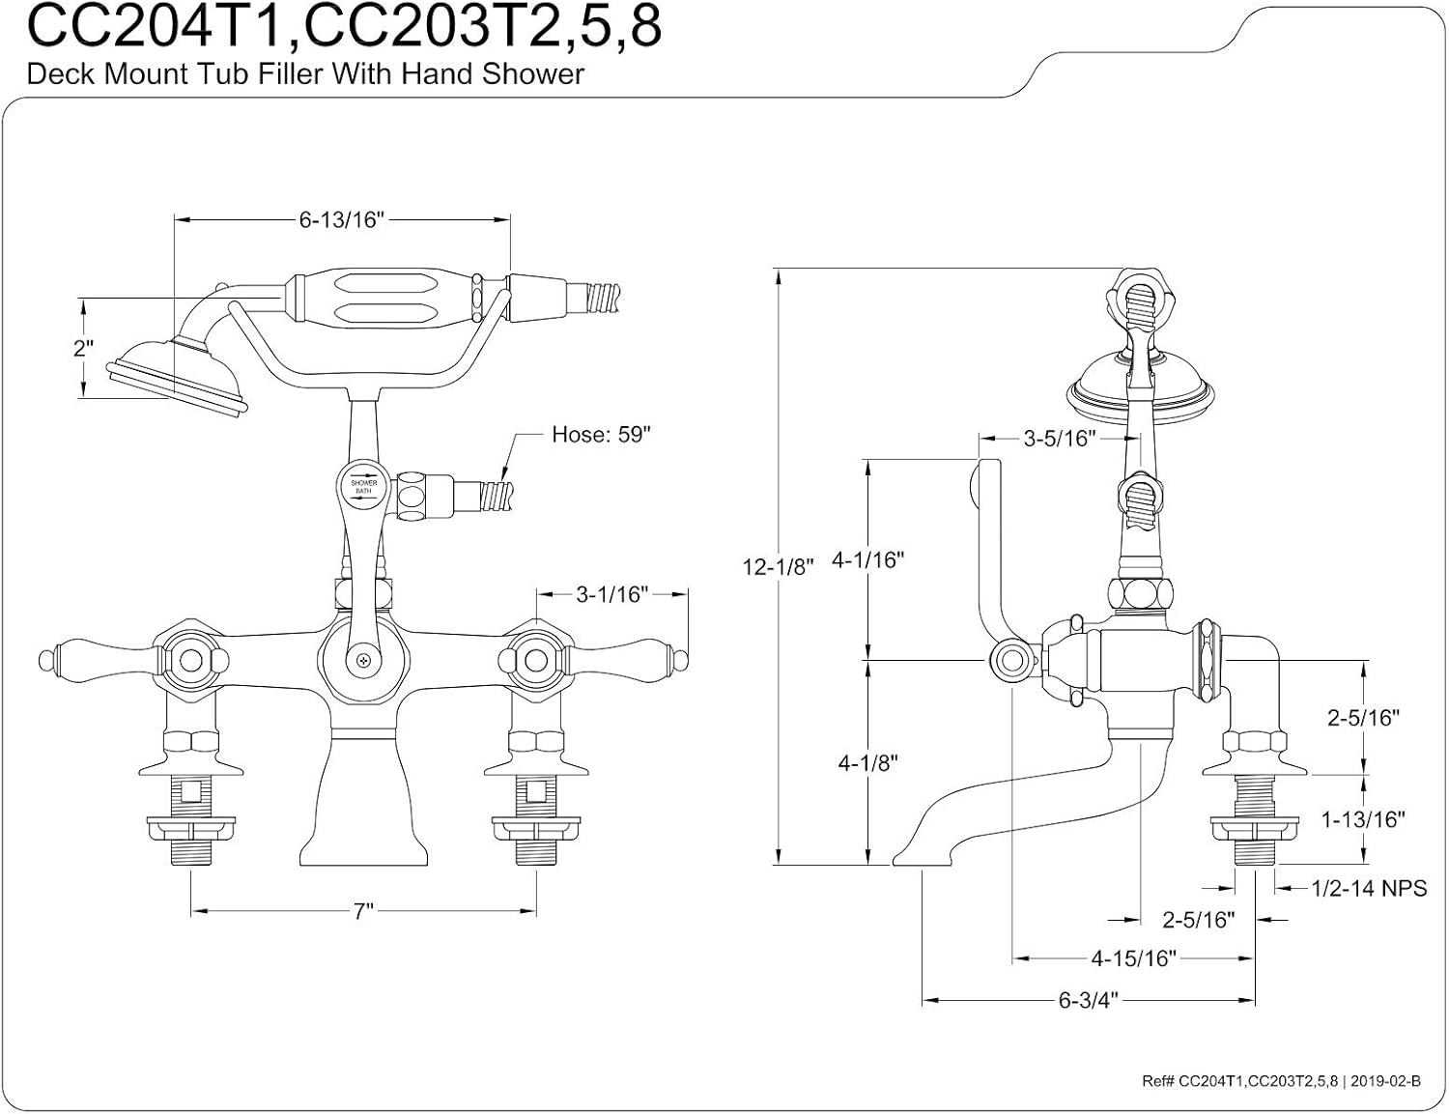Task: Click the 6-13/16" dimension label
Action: (x=341, y=220)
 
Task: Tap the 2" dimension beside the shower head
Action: (x=84, y=348)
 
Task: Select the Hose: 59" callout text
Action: (x=601, y=435)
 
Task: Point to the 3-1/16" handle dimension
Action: (x=611, y=594)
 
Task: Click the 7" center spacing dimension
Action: (x=363, y=911)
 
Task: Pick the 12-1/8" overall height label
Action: (x=779, y=566)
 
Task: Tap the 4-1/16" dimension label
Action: (x=867, y=559)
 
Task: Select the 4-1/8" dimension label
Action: (x=867, y=762)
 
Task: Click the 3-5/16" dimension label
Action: (x=1059, y=439)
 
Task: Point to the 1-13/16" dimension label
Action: (x=1363, y=819)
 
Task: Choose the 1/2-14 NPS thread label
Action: (x=1368, y=888)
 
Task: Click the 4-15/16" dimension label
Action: (x=1133, y=958)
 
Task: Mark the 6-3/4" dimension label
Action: (x=1088, y=1000)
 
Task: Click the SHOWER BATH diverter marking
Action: (x=363, y=486)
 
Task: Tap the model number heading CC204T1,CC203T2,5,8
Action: (x=344, y=27)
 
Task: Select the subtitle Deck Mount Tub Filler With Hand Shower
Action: (x=305, y=74)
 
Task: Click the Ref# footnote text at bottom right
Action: (x=1280, y=1081)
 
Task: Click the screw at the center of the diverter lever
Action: (x=363, y=661)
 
